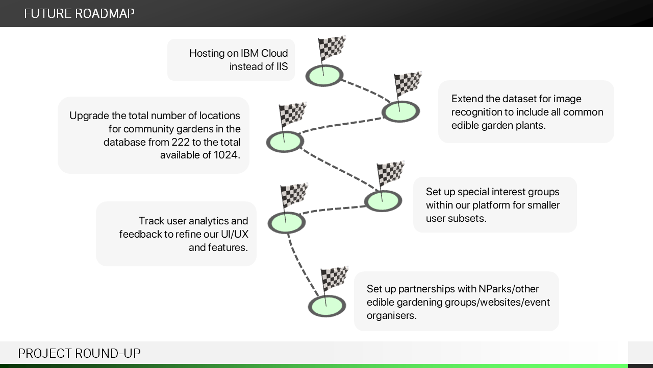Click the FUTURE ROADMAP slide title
coord(79,13)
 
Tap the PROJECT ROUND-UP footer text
coord(79,353)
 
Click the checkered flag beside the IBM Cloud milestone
coord(332,49)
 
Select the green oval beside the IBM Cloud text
coord(324,76)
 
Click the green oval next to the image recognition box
coord(400,111)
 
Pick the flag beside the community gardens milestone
coord(292,115)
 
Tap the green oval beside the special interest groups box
coord(383,201)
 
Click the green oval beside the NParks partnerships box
coord(326,306)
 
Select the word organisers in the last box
coord(391,315)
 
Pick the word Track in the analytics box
coord(152,221)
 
